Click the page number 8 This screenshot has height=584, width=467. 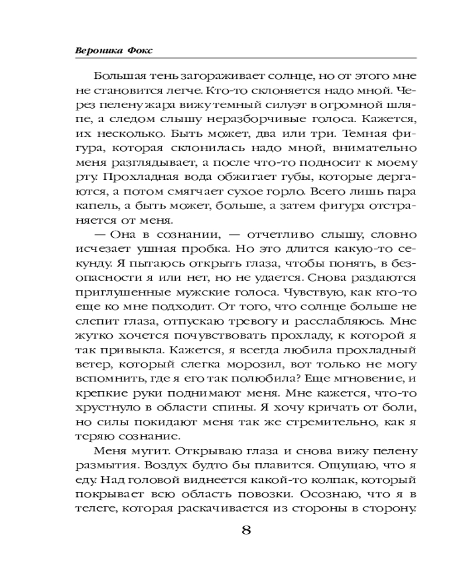pyautogui.click(x=246, y=530)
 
